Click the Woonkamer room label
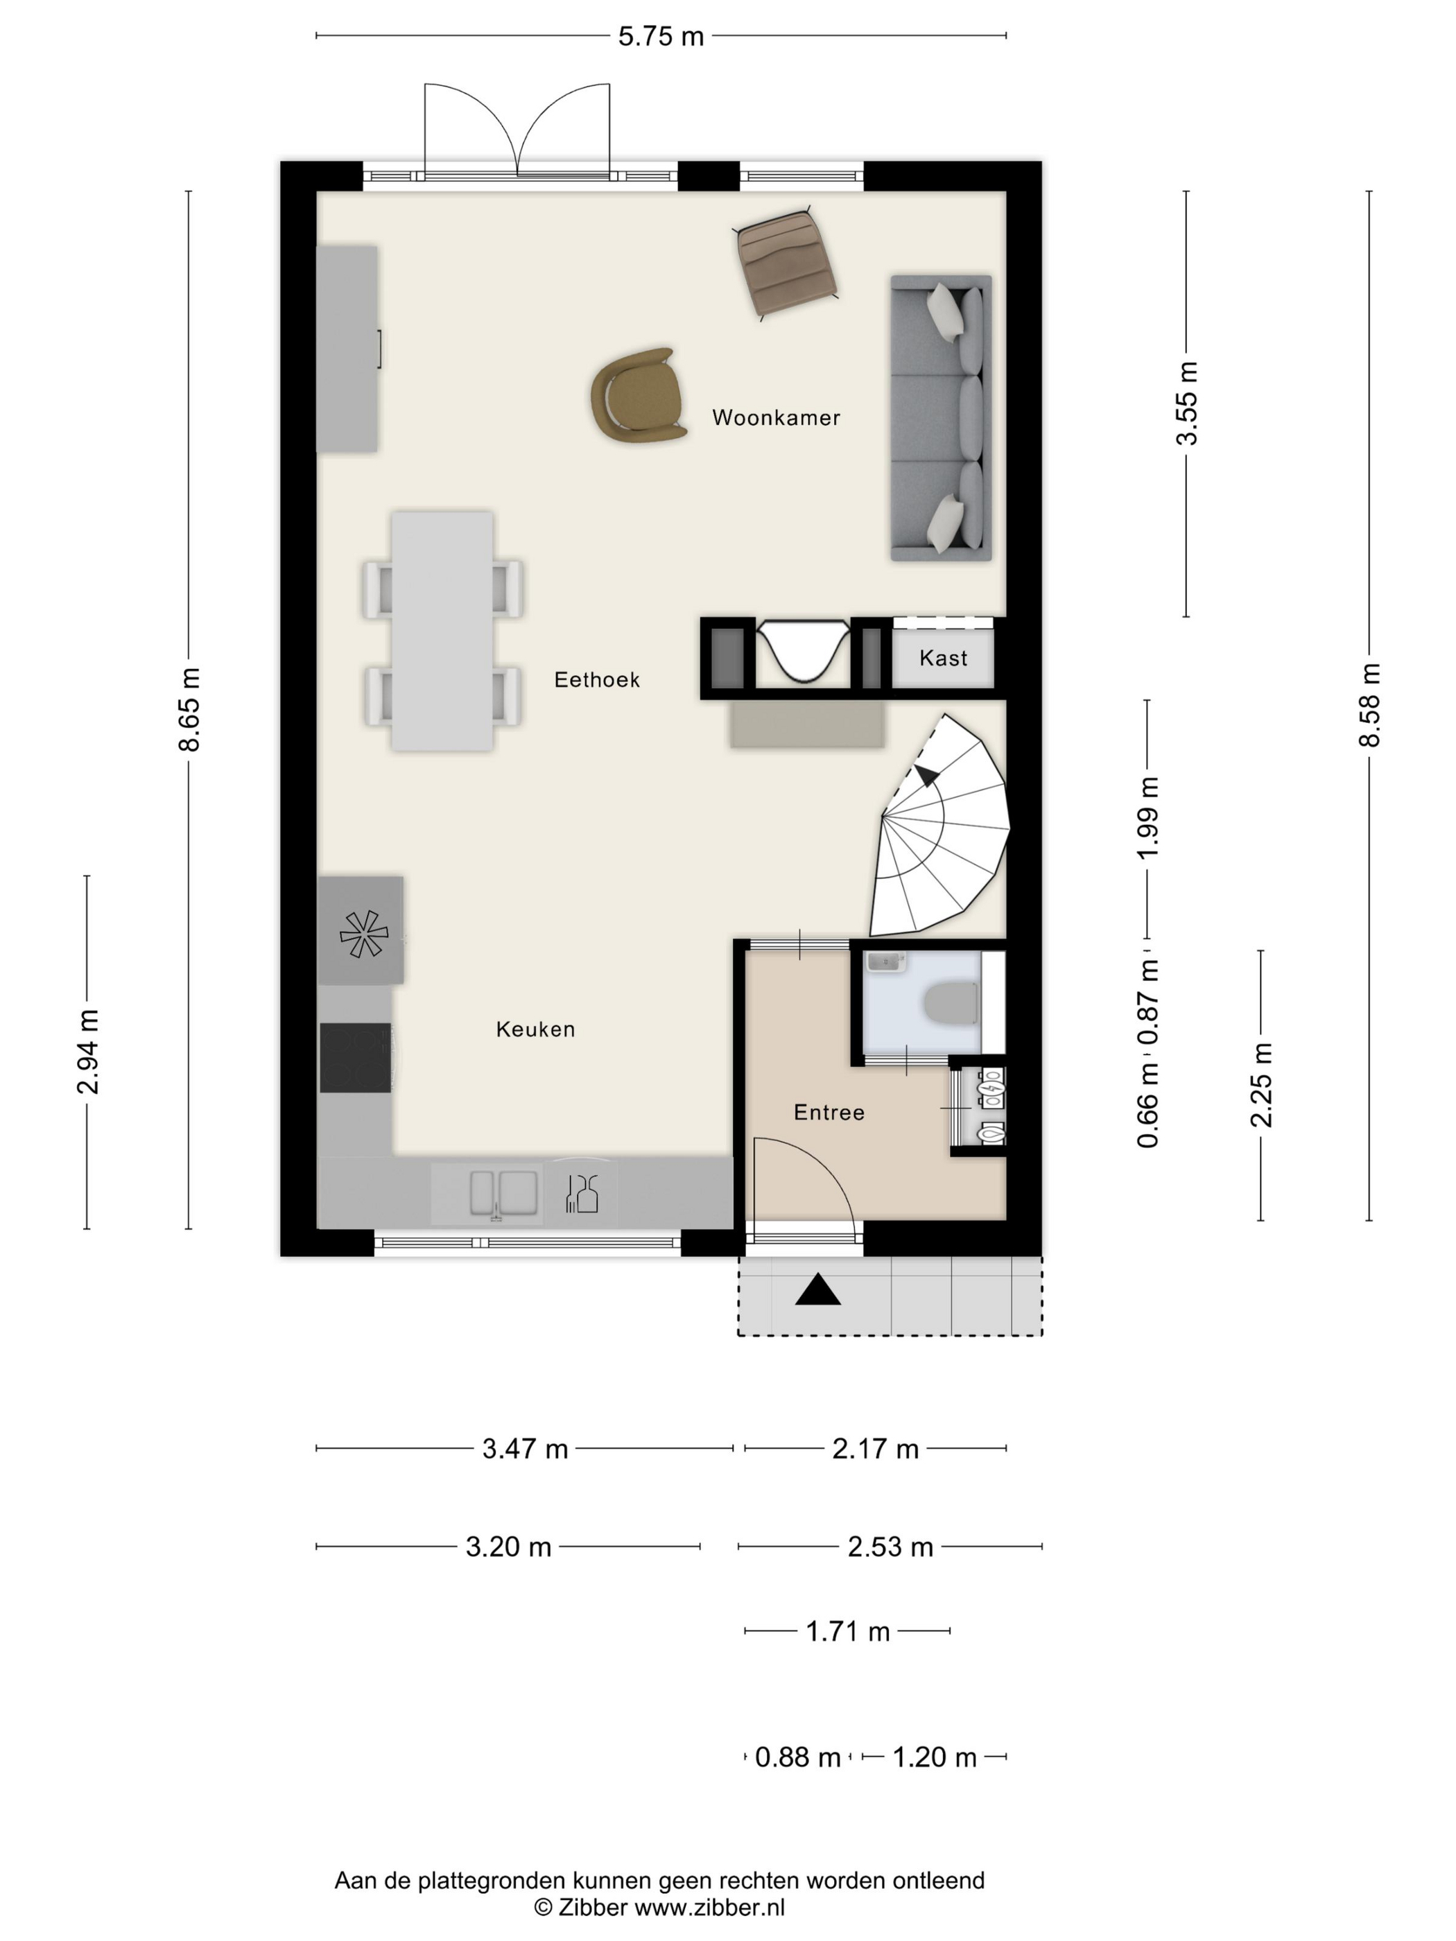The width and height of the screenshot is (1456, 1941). tap(776, 418)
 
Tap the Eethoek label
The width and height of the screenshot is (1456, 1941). tap(597, 679)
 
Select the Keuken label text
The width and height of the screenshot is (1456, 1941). tap(535, 1029)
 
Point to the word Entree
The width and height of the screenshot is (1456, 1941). tap(829, 1113)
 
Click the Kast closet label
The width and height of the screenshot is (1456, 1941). tap(944, 658)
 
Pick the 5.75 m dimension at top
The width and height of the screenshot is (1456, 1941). tap(661, 36)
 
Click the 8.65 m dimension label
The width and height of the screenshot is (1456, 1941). tap(189, 709)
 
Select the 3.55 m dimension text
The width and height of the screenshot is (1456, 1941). tap(1186, 403)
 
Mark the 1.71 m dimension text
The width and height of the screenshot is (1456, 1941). tap(848, 1630)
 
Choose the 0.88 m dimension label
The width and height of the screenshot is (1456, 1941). tap(798, 1757)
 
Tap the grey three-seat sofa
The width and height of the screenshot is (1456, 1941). tap(941, 418)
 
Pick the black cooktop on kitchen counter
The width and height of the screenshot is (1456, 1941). tap(356, 1059)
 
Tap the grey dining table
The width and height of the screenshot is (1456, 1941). tap(442, 631)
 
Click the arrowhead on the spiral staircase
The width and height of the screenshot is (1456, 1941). tap(925, 774)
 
